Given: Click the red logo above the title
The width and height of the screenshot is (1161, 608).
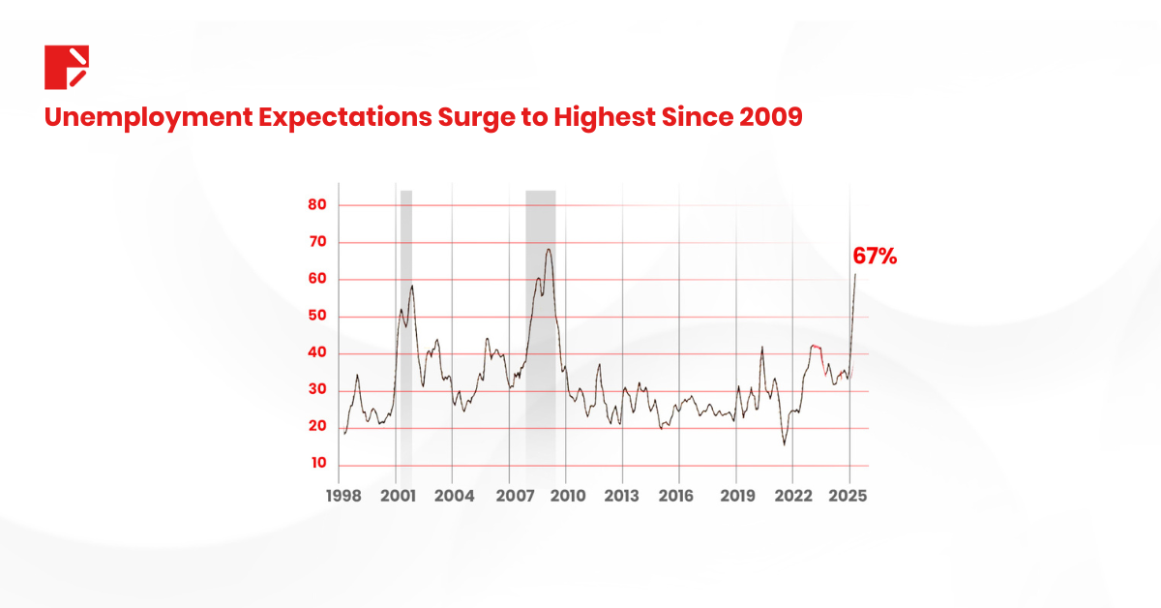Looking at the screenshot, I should click(x=66, y=67).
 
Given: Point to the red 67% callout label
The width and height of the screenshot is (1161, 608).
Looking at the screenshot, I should click(x=875, y=257).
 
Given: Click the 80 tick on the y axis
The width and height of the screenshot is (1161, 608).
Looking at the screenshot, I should click(x=317, y=205).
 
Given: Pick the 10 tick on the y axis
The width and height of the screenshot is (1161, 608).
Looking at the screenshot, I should click(x=317, y=464).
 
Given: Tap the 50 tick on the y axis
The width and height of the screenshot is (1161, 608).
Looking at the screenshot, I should click(x=317, y=317).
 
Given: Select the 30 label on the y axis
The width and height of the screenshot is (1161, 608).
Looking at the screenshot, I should click(x=317, y=390).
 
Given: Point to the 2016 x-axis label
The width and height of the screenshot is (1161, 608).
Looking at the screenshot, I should click(x=679, y=496).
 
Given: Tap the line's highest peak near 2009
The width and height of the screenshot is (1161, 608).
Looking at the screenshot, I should click(x=549, y=250).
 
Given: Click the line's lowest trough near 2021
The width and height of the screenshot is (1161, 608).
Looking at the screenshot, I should click(x=785, y=443).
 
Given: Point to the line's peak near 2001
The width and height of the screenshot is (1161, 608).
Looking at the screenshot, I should click(x=412, y=286).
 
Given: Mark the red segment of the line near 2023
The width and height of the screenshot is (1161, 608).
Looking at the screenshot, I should click(x=818, y=346).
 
